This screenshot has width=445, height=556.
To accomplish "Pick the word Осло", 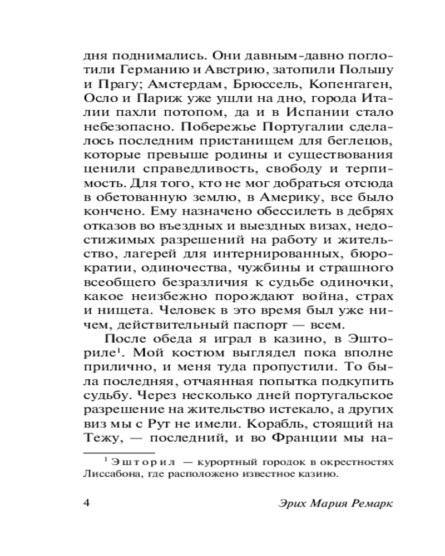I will (x=99, y=100).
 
